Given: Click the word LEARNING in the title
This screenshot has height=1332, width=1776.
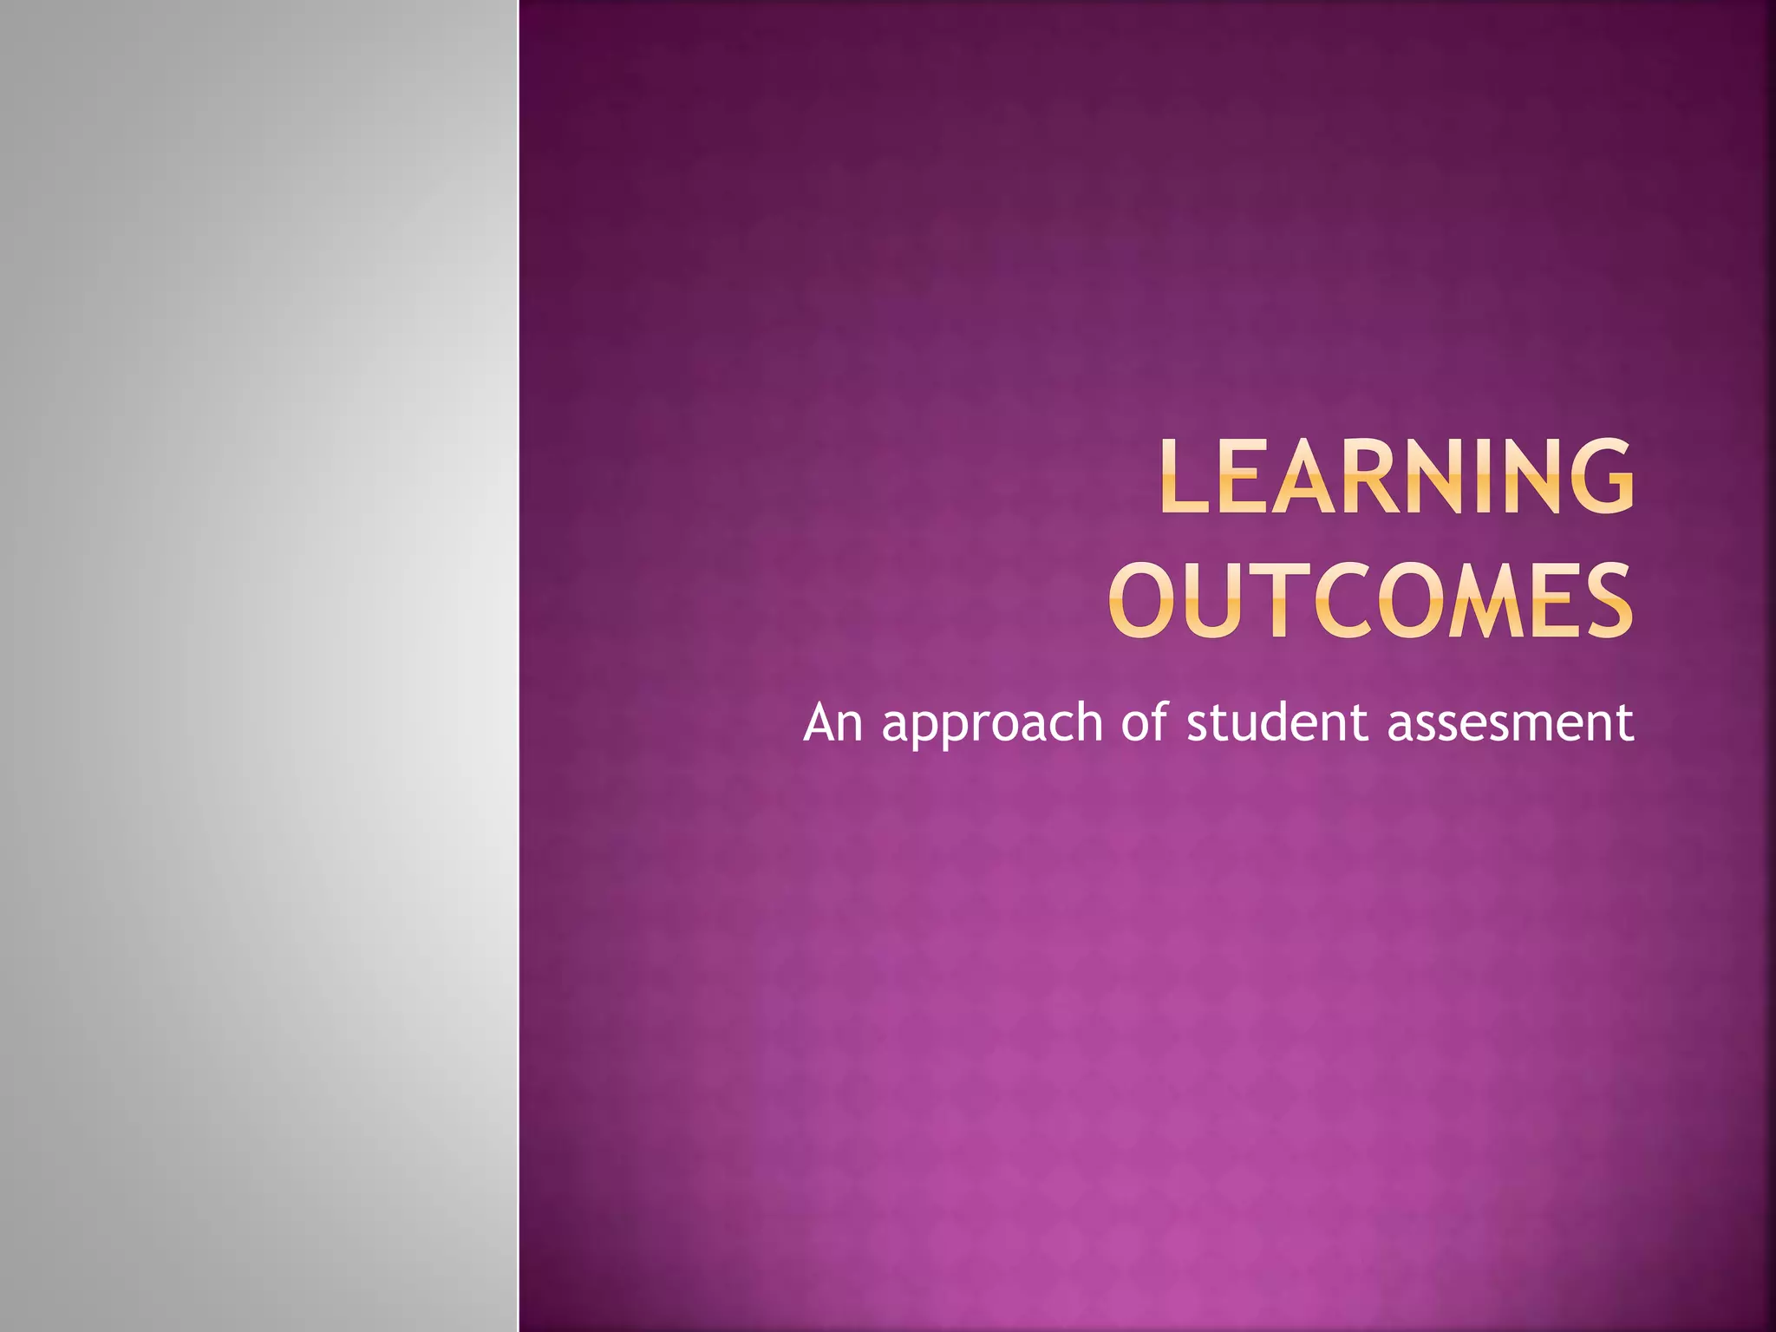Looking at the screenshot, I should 1396,476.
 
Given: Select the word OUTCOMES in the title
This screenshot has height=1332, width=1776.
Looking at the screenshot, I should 1370,600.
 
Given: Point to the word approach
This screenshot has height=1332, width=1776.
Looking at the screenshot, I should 992,724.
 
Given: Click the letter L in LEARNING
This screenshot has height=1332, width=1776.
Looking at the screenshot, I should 1184,476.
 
